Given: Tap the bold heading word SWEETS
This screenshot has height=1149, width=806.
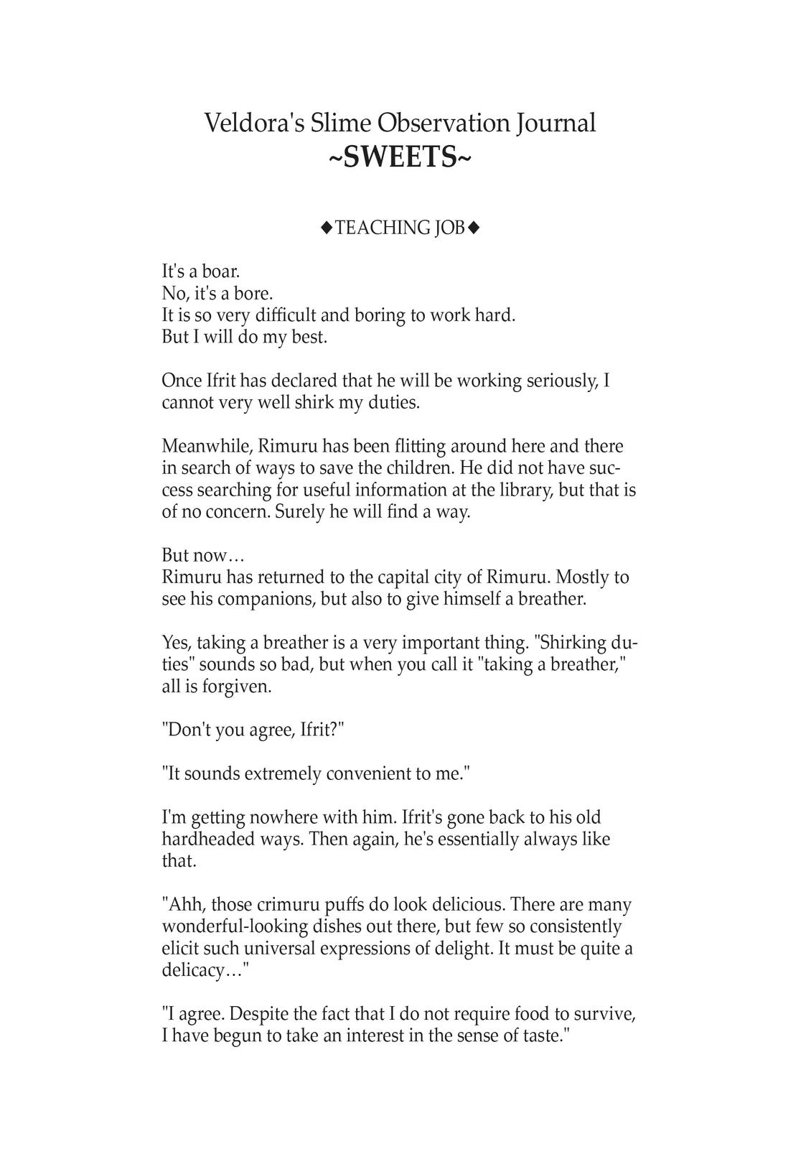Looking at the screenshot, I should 400,157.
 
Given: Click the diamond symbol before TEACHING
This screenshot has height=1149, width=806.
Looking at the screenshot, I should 327,228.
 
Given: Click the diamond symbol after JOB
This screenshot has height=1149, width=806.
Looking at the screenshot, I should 473,228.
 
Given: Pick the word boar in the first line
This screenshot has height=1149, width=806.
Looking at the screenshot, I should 220,272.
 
